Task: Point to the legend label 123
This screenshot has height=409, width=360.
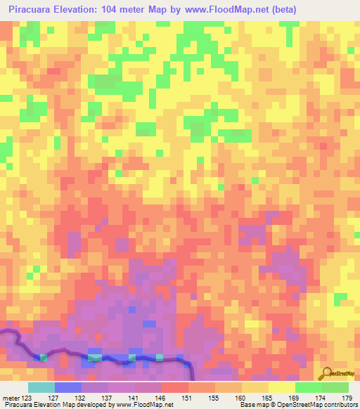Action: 27,398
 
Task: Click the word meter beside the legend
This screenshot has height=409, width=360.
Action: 11,398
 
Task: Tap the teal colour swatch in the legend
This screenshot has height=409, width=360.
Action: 41,387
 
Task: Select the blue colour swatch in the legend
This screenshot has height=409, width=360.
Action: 67,387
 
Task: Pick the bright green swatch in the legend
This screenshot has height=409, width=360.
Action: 308,387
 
